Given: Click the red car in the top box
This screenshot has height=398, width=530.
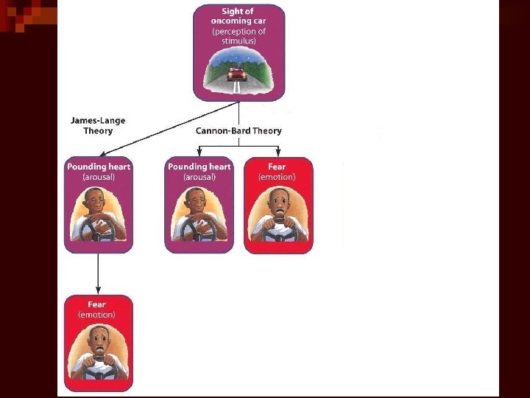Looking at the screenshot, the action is click(236, 74).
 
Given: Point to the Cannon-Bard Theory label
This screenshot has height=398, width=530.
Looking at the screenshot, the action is click(239, 130).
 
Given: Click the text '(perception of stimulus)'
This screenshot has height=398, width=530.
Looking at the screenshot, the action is click(239, 36).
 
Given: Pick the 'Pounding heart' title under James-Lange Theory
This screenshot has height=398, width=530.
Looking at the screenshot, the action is click(99, 167).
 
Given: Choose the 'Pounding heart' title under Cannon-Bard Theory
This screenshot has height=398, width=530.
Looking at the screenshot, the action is click(199, 167).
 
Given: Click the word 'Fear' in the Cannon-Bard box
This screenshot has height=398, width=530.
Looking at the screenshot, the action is click(277, 167).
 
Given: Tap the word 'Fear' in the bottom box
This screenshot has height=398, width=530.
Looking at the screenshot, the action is click(97, 304).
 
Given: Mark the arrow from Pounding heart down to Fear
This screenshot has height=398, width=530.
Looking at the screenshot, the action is click(98, 273).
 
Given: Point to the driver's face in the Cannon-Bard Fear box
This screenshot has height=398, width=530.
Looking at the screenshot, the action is click(278, 201).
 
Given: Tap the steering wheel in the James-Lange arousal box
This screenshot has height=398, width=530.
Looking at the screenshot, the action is click(97, 229).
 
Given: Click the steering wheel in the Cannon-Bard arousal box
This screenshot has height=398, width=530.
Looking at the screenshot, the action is click(198, 229).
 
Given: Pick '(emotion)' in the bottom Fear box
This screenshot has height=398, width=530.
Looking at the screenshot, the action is click(97, 315).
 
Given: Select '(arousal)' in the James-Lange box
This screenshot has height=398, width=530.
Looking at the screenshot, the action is click(99, 177).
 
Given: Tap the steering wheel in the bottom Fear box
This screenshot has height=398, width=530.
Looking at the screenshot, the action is click(98, 369).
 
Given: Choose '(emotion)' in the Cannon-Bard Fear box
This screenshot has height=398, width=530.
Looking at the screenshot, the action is click(277, 177).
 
